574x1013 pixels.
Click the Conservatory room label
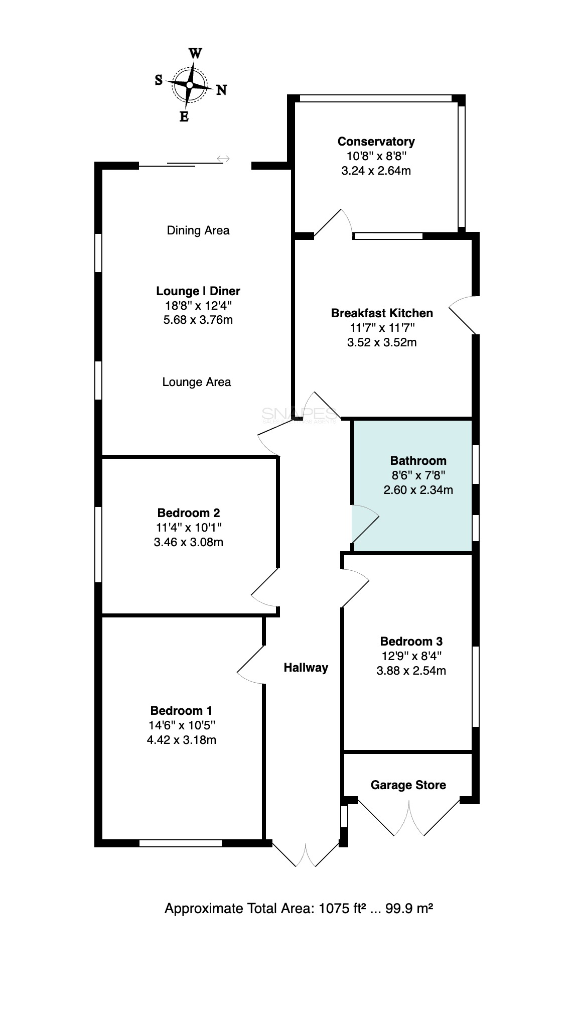click(x=376, y=141)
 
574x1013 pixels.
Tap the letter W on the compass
click(x=195, y=53)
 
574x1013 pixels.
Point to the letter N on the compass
click(x=221, y=90)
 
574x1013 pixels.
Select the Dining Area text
click(x=198, y=230)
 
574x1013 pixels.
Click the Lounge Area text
click(x=197, y=382)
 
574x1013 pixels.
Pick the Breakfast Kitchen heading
click(x=382, y=313)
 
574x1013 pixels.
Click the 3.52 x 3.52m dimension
click(x=382, y=342)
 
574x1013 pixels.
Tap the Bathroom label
click(x=418, y=460)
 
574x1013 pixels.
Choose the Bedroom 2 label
click(x=189, y=513)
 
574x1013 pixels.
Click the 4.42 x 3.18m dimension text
click(x=181, y=739)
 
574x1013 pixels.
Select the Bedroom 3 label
click(x=411, y=641)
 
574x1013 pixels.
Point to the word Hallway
click(x=306, y=668)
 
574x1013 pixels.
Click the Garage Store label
click(x=408, y=785)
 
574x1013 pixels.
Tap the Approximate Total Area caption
click(x=299, y=909)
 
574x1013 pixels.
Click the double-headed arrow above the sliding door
click(x=223, y=159)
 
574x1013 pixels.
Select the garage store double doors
click(x=409, y=816)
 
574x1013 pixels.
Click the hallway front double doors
click(x=306, y=853)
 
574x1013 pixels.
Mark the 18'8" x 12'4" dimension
click(x=198, y=305)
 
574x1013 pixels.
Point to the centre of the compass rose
click(x=190, y=85)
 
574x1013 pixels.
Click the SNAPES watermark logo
click(x=300, y=415)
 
